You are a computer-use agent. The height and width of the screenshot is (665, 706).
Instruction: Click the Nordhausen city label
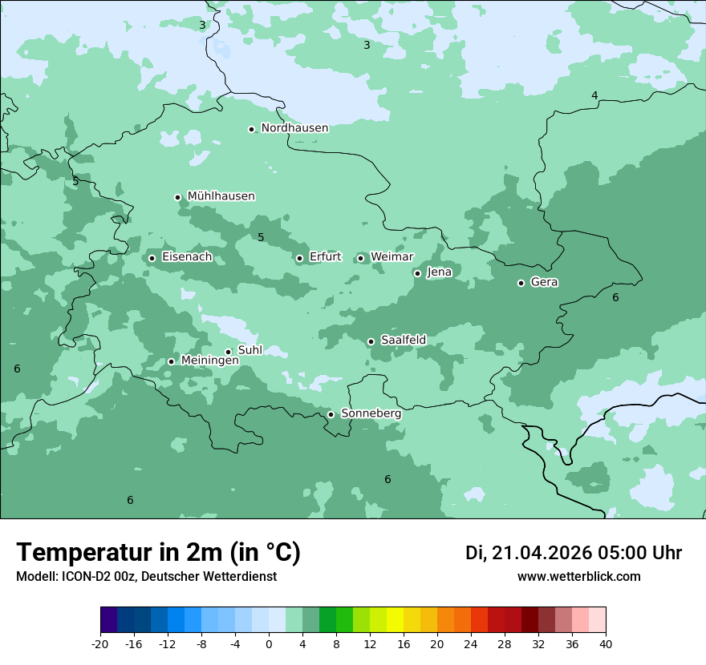coord(294,128)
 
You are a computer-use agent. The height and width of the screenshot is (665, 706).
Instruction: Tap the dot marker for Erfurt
coord(299,258)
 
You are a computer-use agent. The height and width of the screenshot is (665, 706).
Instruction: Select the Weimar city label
coord(392,257)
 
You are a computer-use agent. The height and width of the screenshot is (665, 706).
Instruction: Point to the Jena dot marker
coord(417,273)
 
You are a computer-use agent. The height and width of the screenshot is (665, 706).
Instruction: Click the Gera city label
coord(544,282)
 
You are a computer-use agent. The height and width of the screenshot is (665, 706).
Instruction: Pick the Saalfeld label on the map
coord(403,341)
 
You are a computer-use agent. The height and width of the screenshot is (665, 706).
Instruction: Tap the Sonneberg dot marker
coord(331,414)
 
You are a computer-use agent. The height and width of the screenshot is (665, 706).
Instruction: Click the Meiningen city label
coord(209,361)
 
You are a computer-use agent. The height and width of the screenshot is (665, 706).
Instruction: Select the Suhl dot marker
coord(228,352)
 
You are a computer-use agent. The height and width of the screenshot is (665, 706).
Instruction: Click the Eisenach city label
coord(187,257)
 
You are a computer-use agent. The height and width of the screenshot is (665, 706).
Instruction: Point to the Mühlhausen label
coord(221,196)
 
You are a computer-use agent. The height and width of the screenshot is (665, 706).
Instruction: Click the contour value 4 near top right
coord(594,95)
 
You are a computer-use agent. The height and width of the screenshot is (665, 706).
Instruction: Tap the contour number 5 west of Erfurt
coord(261,237)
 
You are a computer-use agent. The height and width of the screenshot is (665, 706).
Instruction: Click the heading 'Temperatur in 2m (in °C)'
coord(159,553)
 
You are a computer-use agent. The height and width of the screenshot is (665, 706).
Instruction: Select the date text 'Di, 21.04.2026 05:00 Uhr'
coord(573,553)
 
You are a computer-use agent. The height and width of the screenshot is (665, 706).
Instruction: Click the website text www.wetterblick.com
coord(578,576)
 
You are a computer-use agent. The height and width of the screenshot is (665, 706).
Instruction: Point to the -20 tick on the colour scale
coord(100,643)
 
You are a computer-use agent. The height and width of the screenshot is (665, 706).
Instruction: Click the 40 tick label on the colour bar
coord(606,643)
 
